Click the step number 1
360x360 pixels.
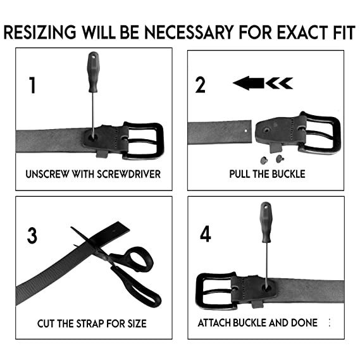32,85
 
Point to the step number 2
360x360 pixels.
200,85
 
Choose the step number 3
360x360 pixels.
32,235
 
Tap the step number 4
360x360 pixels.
206,233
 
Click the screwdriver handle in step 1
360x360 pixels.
93,72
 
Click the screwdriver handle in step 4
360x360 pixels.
266,222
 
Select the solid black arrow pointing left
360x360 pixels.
249,83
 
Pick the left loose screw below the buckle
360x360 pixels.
264,160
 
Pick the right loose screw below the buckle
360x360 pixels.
280,159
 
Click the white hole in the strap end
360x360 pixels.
246,131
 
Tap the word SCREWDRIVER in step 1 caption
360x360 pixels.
128,174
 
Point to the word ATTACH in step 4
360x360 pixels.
214,323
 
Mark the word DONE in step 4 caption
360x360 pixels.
304,323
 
